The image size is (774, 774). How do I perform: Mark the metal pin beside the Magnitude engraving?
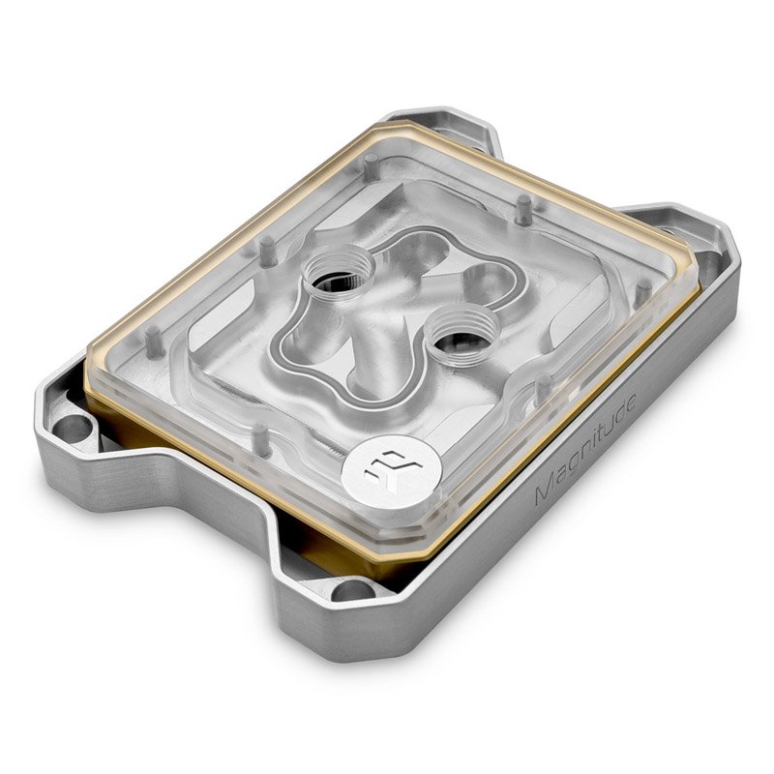pyautogui.click(x=544, y=388)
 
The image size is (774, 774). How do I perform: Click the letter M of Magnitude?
pyautogui.click(x=542, y=494)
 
